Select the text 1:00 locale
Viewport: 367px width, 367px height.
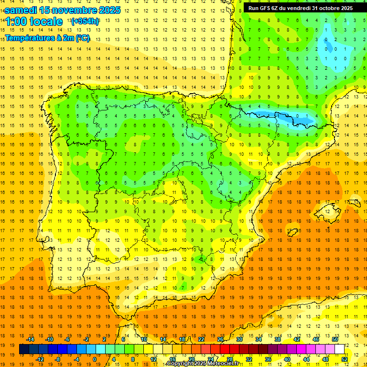pos(33,22)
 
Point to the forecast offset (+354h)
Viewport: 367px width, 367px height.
pos(85,21)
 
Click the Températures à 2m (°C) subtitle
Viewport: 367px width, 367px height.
pos(47,38)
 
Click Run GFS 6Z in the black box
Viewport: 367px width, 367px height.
pos(264,8)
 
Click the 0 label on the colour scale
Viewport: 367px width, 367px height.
pos(95,359)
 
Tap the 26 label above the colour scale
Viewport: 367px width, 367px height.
pos(220,339)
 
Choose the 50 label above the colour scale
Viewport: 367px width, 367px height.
pos(335,339)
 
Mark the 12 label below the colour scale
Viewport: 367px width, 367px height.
pos(154,359)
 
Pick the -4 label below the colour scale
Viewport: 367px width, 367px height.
pos(76,359)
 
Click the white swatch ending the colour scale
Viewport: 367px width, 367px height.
pos(339,349)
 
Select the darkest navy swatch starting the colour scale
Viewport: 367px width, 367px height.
pos(24,349)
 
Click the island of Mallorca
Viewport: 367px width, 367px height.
pos(327,209)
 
